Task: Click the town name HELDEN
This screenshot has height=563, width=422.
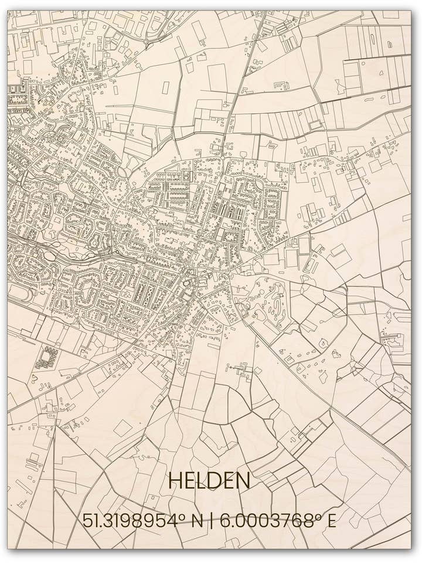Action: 209,481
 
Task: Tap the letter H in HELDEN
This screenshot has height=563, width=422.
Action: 175,481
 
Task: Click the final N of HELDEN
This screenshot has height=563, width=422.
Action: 243,481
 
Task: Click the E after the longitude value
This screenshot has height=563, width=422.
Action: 331,521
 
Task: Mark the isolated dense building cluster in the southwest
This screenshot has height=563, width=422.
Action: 47,357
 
